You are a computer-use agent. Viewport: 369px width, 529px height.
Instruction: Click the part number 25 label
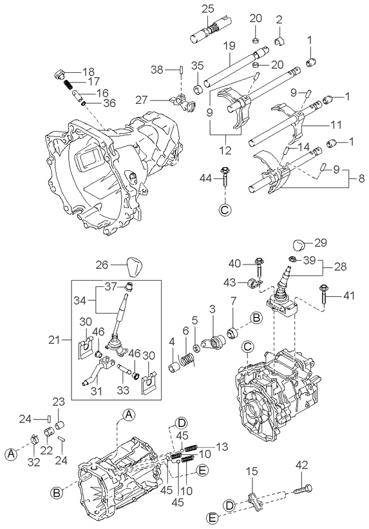(208, 9)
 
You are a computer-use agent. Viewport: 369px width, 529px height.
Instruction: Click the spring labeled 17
(68, 83)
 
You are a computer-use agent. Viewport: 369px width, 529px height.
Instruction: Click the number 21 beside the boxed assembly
(55, 340)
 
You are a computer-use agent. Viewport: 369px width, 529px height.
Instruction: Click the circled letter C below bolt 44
(225, 210)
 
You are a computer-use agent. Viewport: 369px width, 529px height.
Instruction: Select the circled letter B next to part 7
(256, 318)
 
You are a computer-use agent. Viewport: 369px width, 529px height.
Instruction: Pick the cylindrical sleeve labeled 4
(175, 367)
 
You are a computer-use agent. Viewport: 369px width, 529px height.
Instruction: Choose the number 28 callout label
(340, 266)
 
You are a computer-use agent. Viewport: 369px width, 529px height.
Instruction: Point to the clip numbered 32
(34, 439)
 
